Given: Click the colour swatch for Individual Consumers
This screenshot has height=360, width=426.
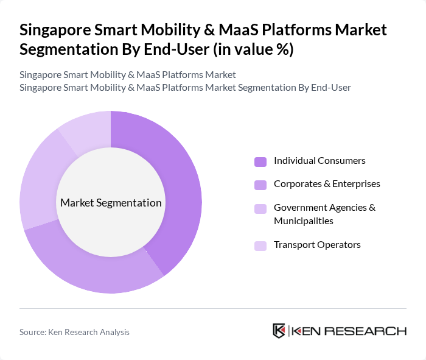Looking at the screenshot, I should pyautogui.click(x=260, y=161).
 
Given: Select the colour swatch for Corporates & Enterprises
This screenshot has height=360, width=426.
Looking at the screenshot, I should pyautogui.click(x=260, y=184).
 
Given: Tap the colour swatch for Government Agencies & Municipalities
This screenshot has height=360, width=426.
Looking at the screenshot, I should pyautogui.click(x=260, y=208).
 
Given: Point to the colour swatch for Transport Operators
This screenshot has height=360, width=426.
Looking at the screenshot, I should pyautogui.click(x=260, y=245).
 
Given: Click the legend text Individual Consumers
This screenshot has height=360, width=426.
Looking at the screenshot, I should pyautogui.click(x=319, y=161).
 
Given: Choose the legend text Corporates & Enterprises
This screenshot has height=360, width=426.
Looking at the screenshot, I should pyautogui.click(x=327, y=183).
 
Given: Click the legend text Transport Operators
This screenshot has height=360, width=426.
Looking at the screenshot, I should pyautogui.click(x=317, y=244).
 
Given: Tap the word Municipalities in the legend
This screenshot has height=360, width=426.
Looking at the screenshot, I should pyautogui.click(x=303, y=221).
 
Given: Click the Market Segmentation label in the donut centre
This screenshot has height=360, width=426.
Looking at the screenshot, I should pyautogui.click(x=111, y=203).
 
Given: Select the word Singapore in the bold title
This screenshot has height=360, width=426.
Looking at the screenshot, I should pyautogui.click(x=56, y=30).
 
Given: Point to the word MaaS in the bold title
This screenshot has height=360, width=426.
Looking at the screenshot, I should pyautogui.click(x=231, y=30).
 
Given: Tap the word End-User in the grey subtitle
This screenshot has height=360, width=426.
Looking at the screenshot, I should pyautogui.click(x=330, y=87).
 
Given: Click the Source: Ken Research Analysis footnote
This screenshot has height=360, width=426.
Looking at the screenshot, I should pyautogui.click(x=74, y=332).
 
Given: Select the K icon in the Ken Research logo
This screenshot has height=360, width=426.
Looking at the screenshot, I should pyautogui.click(x=279, y=331).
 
